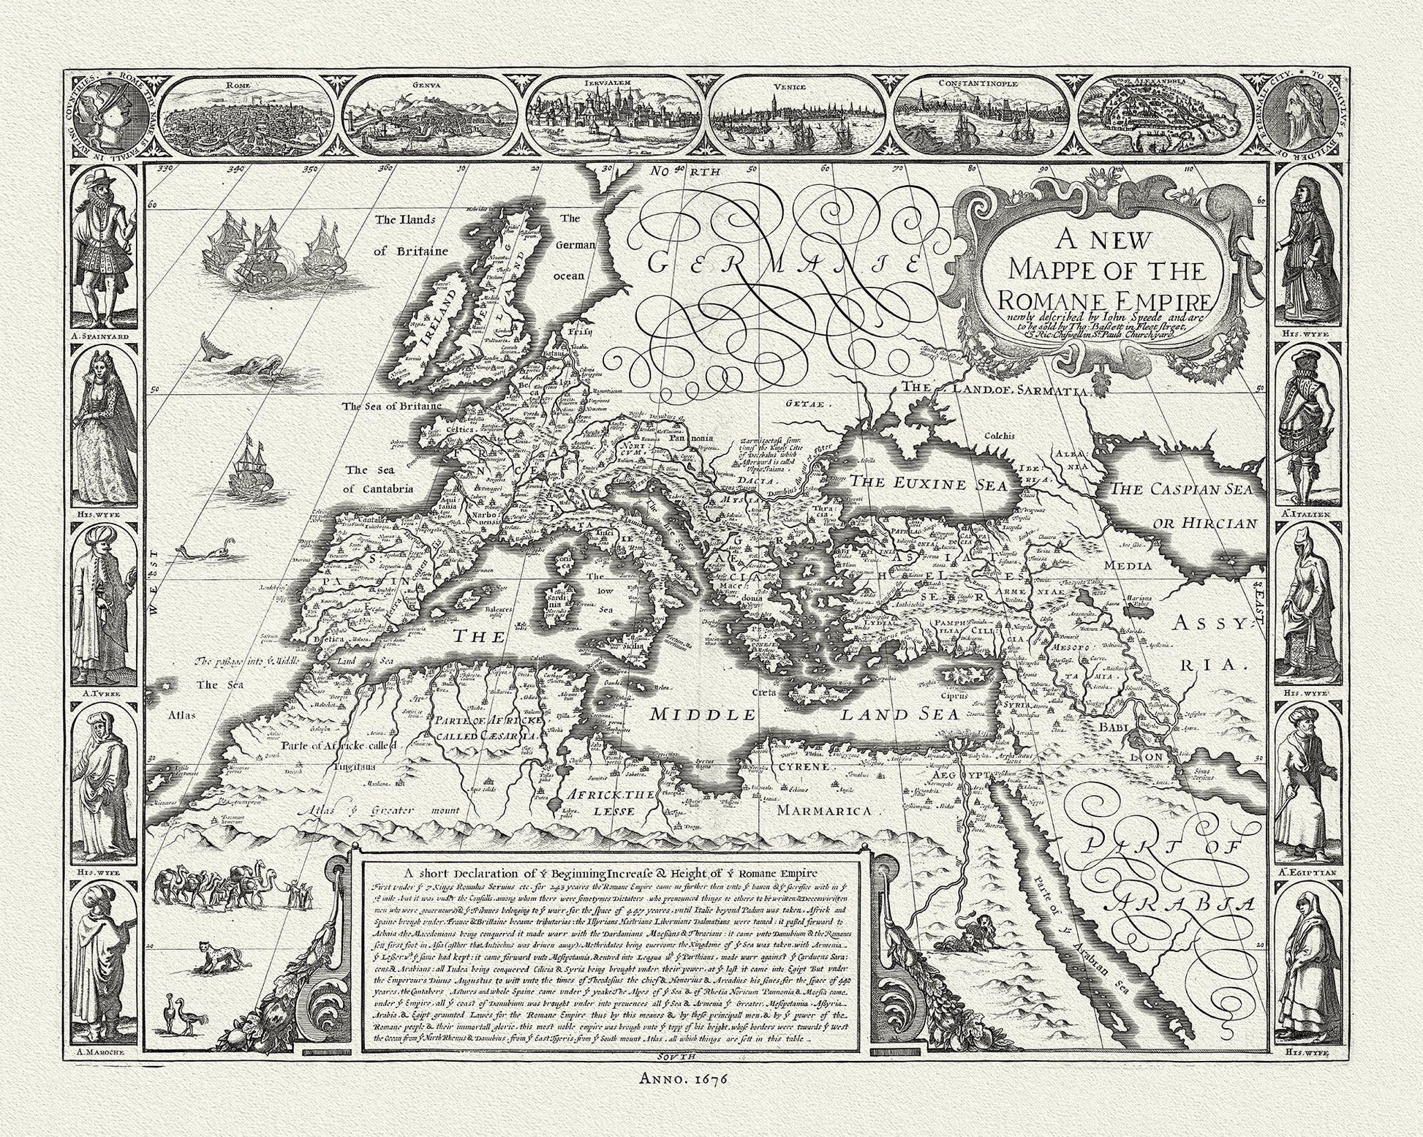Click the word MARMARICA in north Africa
[824, 810]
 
